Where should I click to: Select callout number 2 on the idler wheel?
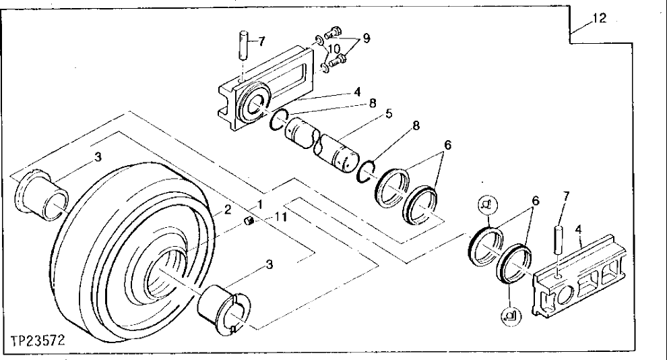pos(228,210)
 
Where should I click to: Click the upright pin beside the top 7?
pos(244,46)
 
